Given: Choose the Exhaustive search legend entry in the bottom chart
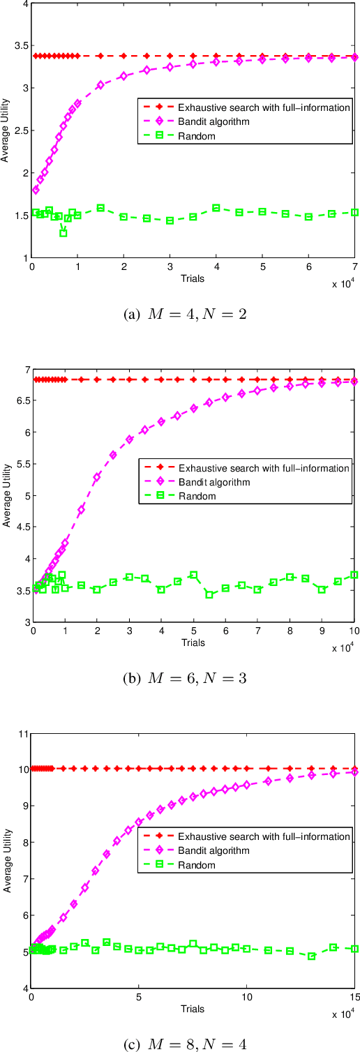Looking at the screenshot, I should click(x=263, y=836).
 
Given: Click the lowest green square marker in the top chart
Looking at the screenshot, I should click(x=63, y=233).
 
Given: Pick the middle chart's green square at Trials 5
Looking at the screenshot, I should click(x=194, y=575).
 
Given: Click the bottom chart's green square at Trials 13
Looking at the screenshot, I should click(x=311, y=956).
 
